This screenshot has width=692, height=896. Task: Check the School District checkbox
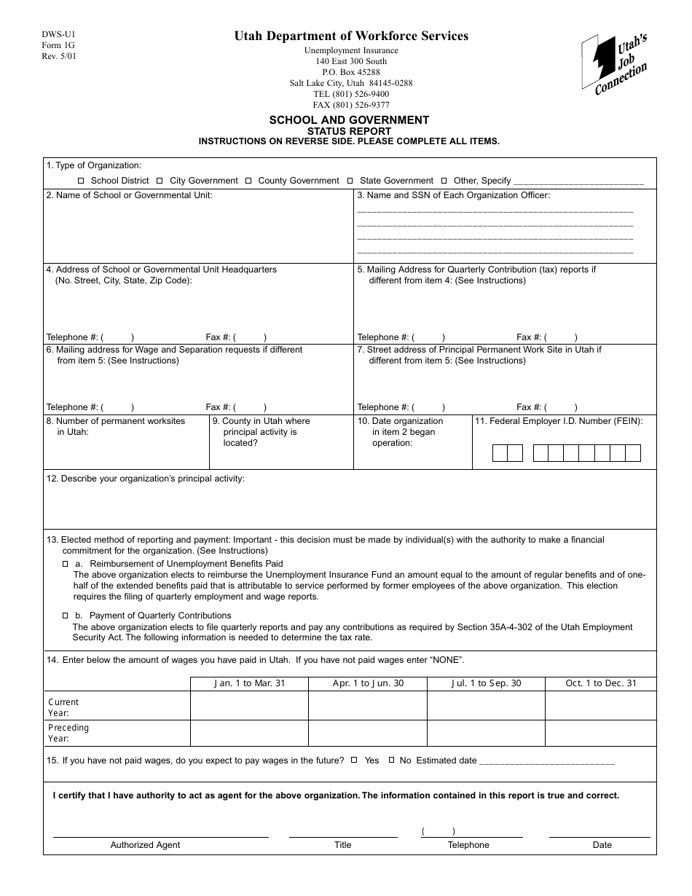[x=81, y=181]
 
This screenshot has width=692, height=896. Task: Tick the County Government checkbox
[x=248, y=181]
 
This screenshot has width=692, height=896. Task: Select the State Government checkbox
[x=350, y=181]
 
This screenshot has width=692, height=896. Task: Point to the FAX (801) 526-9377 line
[x=351, y=105]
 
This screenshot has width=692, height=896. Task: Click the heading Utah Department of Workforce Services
[x=351, y=36]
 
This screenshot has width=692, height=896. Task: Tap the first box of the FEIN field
[x=500, y=453]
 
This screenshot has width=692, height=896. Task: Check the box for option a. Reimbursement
[x=65, y=564]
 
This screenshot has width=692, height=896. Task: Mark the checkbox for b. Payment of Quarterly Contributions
[x=65, y=616]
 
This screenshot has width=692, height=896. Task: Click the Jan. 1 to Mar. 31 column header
[x=249, y=683]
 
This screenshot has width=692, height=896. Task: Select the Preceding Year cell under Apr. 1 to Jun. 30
[x=367, y=733]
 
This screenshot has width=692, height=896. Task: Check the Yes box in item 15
[x=354, y=760]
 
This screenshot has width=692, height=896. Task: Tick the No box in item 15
[x=391, y=760]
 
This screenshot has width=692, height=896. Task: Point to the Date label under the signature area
[x=602, y=845]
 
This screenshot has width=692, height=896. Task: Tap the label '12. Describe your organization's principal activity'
[x=146, y=479]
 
